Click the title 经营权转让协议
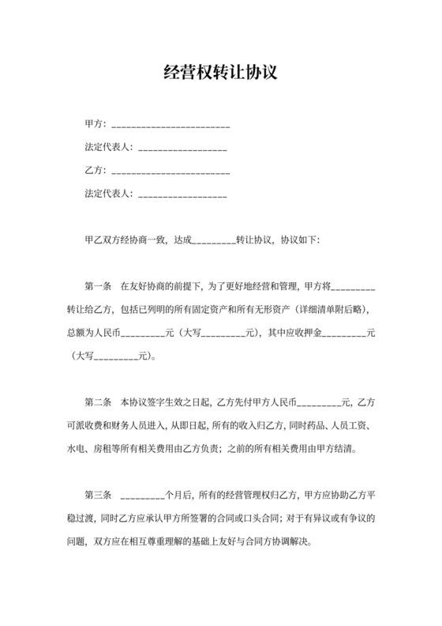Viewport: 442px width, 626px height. pyautogui.click(x=221, y=74)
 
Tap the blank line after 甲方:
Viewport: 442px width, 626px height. pyautogui.click(x=170, y=126)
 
